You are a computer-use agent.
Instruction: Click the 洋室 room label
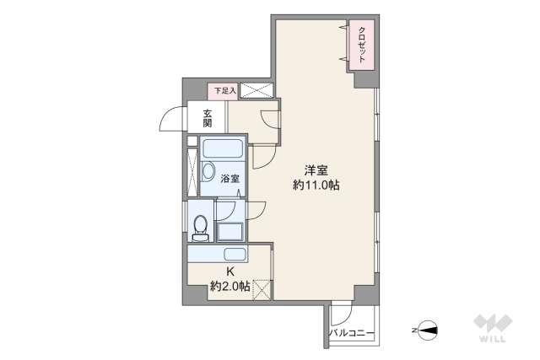[316, 170]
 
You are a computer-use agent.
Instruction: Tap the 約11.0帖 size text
[316, 185]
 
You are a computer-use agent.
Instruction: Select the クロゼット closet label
[362, 45]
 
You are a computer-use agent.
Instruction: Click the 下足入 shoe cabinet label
[225, 91]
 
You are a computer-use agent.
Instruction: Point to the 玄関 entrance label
[207, 118]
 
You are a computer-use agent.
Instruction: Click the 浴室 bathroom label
[230, 179]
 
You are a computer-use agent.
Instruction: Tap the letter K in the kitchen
[230, 271]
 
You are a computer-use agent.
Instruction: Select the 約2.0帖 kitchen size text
[230, 287]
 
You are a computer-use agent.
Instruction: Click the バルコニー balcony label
[351, 333]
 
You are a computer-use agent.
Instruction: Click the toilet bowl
[200, 228]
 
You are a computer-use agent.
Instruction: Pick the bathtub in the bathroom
[223, 148]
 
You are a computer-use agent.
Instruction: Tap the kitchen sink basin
[235, 255]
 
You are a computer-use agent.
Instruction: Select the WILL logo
[493, 328]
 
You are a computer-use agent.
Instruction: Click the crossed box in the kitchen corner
[262, 290]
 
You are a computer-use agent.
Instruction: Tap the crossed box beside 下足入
[256, 90]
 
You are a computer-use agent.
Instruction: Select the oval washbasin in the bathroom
[208, 171]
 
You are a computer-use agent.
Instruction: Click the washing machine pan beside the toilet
[230, 232]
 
